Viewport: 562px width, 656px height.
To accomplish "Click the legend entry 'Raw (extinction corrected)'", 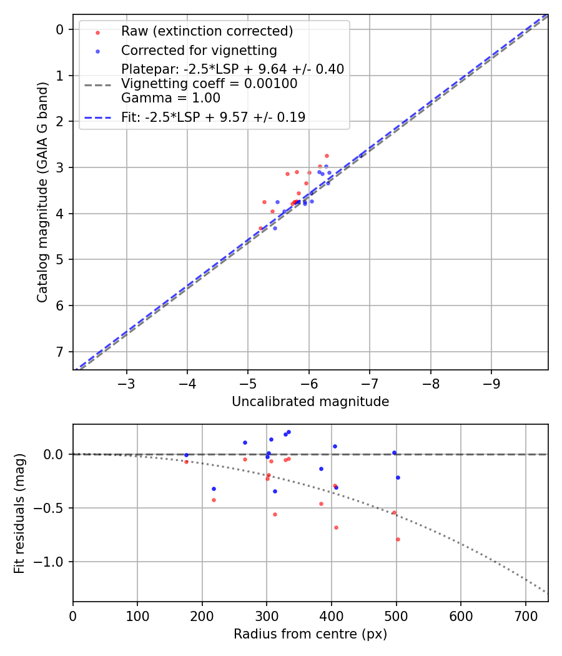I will point(207,31).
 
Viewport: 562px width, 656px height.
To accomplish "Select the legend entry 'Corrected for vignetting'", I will point(199,50).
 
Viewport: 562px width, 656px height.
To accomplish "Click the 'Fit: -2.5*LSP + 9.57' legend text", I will point(213,117).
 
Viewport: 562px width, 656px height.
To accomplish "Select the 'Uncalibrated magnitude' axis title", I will point(310,402).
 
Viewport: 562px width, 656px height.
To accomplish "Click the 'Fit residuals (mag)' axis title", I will point(19,513).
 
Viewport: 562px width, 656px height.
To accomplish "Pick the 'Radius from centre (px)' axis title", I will point(310,634).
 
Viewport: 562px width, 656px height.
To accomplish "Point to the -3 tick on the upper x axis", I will point(127,382).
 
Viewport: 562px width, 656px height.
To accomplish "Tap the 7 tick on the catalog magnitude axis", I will point(60,352).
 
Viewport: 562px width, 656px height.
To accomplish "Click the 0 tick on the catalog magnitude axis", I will point(60,29).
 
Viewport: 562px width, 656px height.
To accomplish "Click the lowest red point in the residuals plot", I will point(398,539).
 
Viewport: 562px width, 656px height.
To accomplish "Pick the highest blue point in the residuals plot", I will point(288,432).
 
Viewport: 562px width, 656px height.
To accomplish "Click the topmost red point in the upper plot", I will point(327,156).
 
